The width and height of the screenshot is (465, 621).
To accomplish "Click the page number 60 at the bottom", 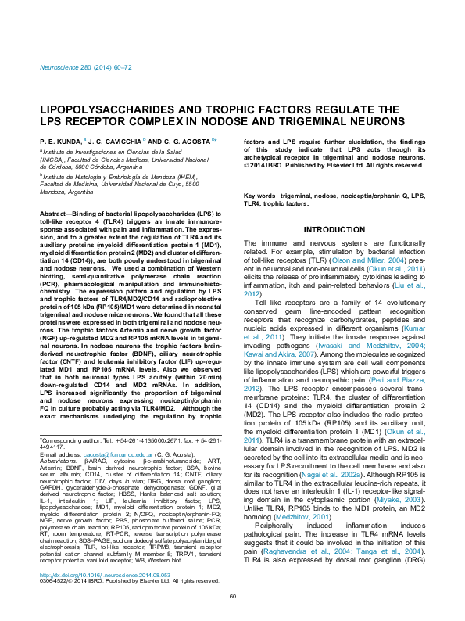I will pos(232,618).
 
